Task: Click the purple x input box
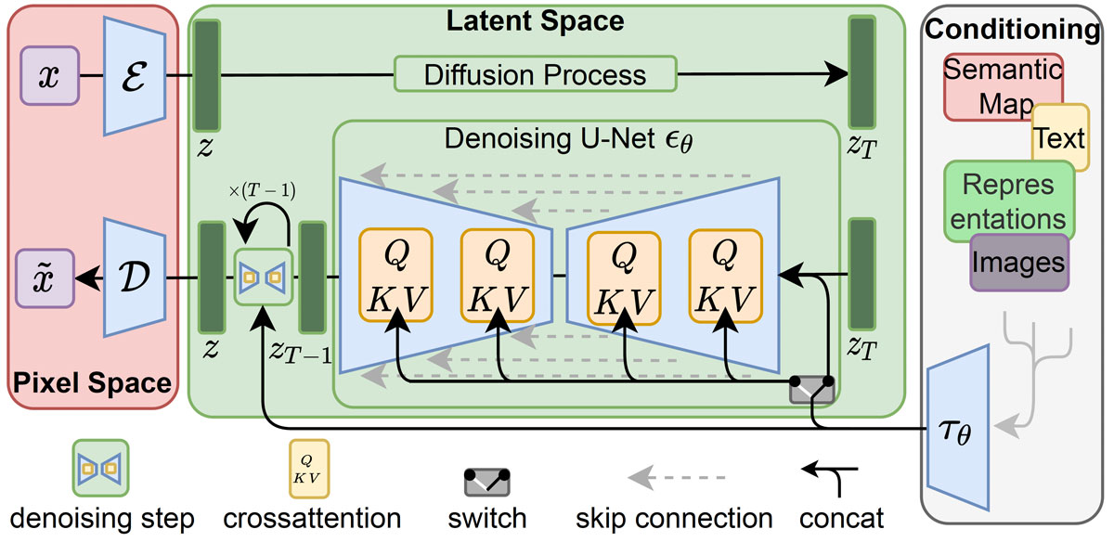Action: (50, 75)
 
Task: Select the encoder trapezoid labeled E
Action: (135, 75)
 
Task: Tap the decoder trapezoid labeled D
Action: (135, 277)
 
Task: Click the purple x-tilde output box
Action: (45, 278)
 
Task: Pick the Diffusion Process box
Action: (535, 74)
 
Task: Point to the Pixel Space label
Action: (92, 383)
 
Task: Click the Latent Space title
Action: (535, 21)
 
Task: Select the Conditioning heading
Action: (1012, 29)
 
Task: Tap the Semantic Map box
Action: (1004, 87)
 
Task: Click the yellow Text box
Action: (1060, 137)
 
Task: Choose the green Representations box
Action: (1008, 201)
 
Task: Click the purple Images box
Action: (1019, 262)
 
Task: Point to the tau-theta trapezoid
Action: (958, 428)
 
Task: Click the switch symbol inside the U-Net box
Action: (811, 391)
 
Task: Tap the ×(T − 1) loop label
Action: (262, 190)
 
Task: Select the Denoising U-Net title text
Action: (568, 139)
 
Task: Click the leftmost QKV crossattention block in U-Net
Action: (395, 275)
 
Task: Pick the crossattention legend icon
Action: (309, 469)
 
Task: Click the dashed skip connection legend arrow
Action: (677, 477)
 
